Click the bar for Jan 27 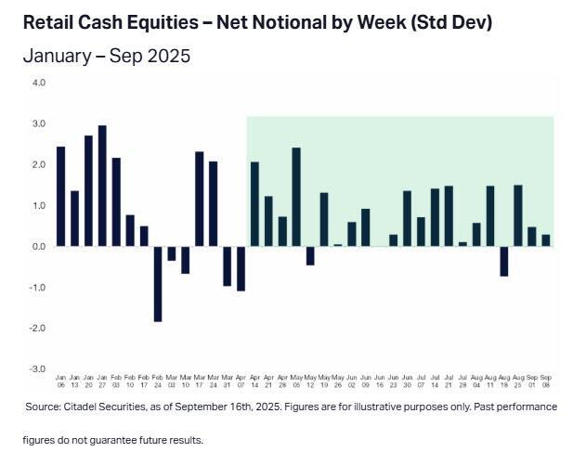click(102, 186)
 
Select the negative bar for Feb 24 click(158, 283)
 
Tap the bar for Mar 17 click(200, 199)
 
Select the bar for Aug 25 click(517, 215)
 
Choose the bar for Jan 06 click(60, 196)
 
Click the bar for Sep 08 click(545, 240)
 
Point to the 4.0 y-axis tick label click(39, 83)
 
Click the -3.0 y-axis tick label click(38, 368)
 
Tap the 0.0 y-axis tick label click(39, 246)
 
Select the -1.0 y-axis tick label click(38, 287)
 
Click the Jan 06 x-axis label click(60, 381)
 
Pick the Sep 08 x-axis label click(545, 381)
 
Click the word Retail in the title click(49, 20)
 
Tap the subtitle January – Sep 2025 click(106, 56)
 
